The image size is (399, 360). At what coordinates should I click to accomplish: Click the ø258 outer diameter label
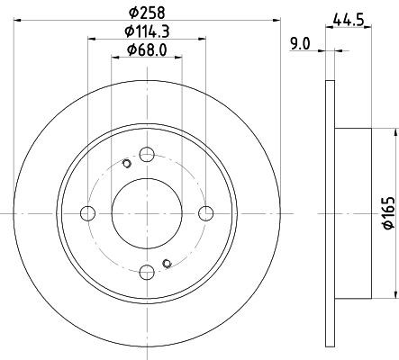[x=147, y=13]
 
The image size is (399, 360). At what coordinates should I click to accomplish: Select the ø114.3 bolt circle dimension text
[x=147, y=31]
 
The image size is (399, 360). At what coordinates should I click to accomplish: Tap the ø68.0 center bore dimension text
[x=147, y=49]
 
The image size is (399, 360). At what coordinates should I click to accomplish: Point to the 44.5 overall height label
[x=349, y=21]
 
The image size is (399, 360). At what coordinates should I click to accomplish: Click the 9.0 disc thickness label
[x=300, y=44]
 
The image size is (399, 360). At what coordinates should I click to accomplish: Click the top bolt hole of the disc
[x=147, y=155]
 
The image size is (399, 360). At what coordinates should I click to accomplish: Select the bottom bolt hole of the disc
[x=147, y=273]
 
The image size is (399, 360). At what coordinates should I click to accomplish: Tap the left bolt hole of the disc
[x=88, y=213]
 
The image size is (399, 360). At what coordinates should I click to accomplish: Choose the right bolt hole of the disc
[x=206, y=213]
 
